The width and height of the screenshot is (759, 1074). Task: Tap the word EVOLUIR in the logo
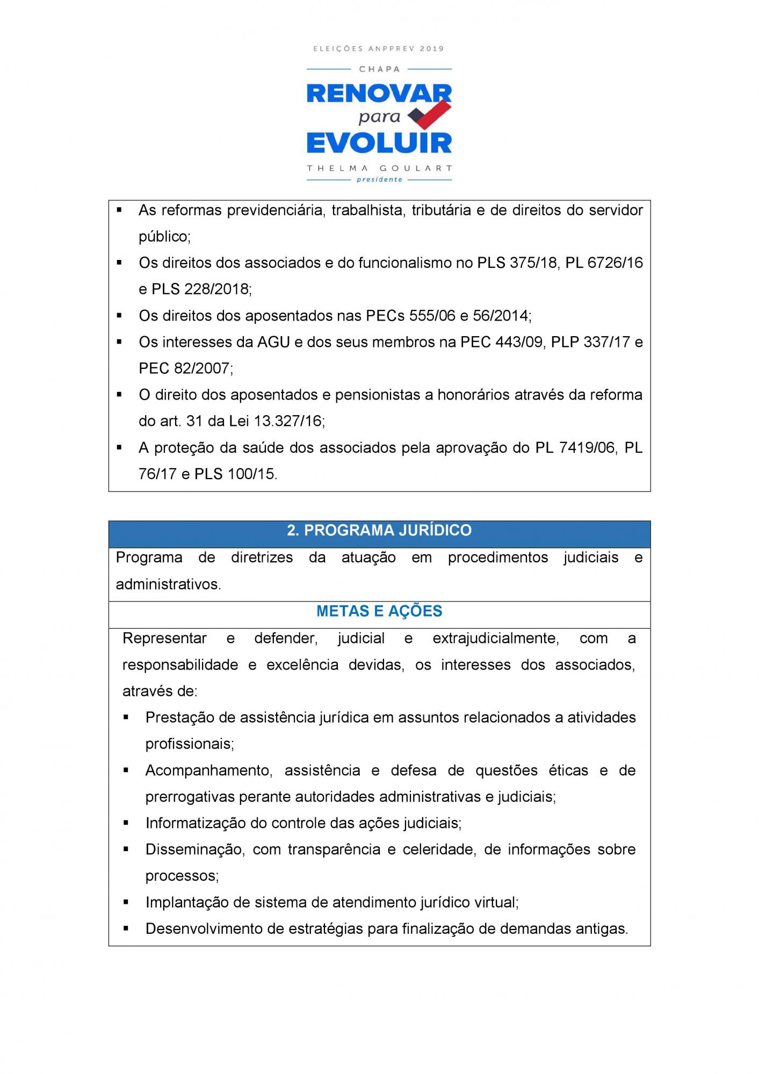tap(379, 144)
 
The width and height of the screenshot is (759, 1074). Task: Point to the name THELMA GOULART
tap(379, 168)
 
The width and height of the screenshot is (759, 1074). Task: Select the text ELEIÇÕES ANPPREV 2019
tap(379, 49)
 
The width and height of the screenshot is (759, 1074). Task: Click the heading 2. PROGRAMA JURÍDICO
tap(379, 531)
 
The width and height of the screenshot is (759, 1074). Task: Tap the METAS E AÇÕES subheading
tap(379, 611)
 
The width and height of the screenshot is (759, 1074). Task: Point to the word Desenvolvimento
tap(208, 928)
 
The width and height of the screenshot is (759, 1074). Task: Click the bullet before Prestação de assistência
tap(126, 717)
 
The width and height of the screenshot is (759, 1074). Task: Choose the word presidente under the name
tap(379, 179)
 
